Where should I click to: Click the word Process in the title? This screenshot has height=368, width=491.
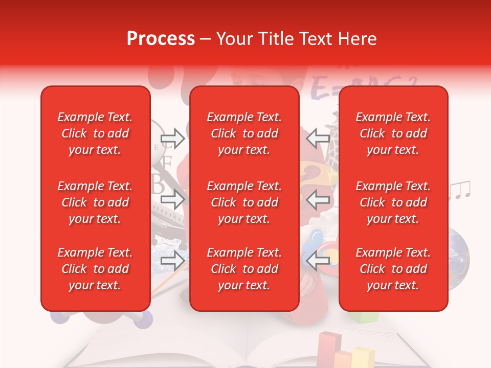[x=161, y=39]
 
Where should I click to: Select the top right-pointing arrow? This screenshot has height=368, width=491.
[x=172, y=138]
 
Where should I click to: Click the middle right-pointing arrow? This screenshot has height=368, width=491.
[x=172, y=199]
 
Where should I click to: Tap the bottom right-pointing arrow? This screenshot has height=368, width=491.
[x=172, y=261]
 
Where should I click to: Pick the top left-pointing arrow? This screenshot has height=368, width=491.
[x=318, y=138]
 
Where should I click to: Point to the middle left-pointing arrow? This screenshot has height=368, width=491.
[x=318, y=199]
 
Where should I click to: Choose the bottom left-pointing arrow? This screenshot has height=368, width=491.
[x=318, y=261]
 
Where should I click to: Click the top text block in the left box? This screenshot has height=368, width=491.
[x=95, y=133]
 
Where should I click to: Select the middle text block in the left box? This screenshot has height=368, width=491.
[x=95, y=202]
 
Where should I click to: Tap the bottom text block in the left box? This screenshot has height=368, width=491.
[x=95, y=269]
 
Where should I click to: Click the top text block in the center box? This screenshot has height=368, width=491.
[x=244, y=133]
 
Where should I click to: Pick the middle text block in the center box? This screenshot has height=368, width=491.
[x=244, y=202]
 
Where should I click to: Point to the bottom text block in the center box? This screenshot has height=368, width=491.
[x=244, y=269]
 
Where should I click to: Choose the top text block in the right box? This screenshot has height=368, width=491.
[x=393, y=133]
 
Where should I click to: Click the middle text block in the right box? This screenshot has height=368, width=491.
[x=393, y=202]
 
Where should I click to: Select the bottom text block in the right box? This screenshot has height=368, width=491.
[x=393, y=269]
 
